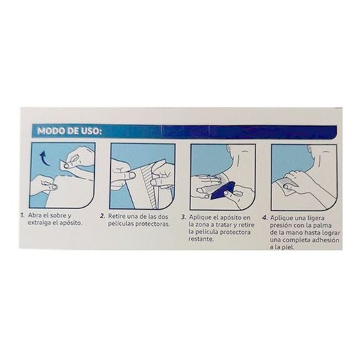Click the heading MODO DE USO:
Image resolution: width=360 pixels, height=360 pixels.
(69, 130)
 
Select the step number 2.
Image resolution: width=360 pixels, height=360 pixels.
(102, 217)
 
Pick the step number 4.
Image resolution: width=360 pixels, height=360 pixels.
(264, 217)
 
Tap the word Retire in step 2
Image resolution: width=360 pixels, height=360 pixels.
(118, 217)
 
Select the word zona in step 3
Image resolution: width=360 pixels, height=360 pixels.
(203, 224)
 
